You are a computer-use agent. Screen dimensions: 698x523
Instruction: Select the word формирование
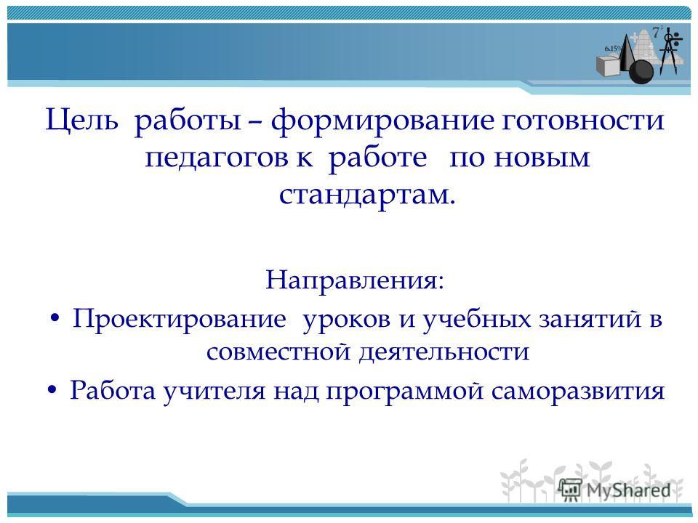pyautogui.click(x=382, y=121)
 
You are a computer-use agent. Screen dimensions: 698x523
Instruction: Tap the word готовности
pyautogui.click(x=583, y=120)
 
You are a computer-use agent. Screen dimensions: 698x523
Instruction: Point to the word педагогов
pyautogui.click(x=217, y=157)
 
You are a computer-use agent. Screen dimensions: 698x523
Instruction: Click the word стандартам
pyautogui.click(x=367, y=195)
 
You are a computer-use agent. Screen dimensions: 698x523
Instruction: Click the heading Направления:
pyautogui.click(x=355, y=280)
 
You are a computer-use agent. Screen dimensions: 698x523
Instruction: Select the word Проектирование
pyautogui.click(x=179, y=319)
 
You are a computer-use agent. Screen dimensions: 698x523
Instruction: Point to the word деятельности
pyautogui.click(x=444, y=352)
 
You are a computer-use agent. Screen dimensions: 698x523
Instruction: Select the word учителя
pyautogui.click(x=214, y=392)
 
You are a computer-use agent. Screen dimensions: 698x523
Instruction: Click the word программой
pyautogui.click(x=405, y=392)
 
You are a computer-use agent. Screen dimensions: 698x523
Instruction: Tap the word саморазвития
pyautogui.click(x=578, y=392)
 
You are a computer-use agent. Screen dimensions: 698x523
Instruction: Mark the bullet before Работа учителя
pyautogui.click(x=52, y=391)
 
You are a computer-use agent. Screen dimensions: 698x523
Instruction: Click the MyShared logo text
pyautogui.click(x=628, y=490)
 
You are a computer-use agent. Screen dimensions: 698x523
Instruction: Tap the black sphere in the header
pyautogui.click(x=641, y=71)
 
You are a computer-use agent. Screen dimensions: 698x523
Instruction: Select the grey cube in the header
pyautogui.click(x=608, y=67)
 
